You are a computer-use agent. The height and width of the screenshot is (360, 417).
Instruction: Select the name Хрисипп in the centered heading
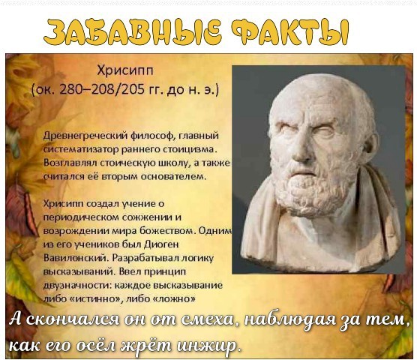pyautogui.click(x=125, y=71)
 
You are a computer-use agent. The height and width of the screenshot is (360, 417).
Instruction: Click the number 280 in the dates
pyautogui.click(x=70, y=89)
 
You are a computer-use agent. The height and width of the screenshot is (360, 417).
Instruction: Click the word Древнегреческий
pyautogui.click(x=86, y=136)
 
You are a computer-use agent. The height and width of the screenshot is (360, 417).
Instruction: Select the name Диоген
pyautogui.click(x=161, y=244)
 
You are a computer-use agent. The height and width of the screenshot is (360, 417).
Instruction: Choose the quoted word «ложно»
pyautogui.click(x=175, y=298)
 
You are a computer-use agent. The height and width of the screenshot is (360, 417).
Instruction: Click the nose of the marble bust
pyautogui.click(x=302, y=149)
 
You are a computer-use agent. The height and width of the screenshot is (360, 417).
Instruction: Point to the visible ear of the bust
pyautogui.click(x=371, y=145)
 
